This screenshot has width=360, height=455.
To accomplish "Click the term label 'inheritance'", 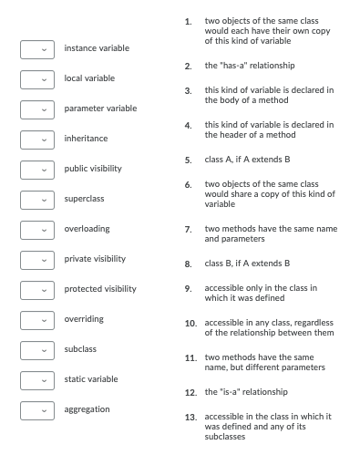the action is point(86,139).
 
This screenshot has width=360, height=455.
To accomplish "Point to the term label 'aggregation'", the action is point(87,409).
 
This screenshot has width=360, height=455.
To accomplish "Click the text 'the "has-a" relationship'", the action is point(250,66).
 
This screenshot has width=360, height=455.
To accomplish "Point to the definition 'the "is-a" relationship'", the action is point(246,391).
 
